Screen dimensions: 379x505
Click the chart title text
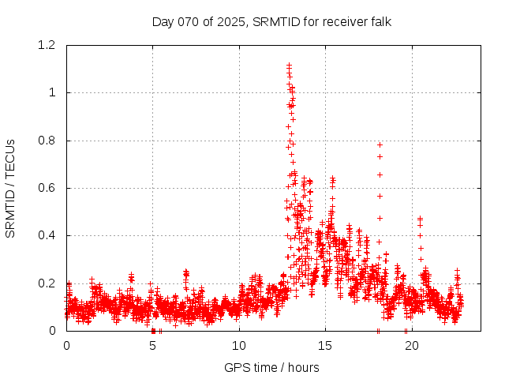tap(271, 21)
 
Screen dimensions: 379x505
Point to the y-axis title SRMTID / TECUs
tap(11, 188)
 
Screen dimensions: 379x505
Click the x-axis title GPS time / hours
tap(271, 367)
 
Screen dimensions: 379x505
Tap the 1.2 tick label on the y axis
tap(49, 45)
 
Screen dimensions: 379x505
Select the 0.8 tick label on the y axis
tap(49, 141)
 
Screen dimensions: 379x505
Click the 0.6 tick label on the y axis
tap(49, 188)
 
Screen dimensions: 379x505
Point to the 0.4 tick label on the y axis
tap(49, 235)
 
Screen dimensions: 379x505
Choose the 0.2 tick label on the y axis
tap(49, 283)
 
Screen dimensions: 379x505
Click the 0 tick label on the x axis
tap(66, 346)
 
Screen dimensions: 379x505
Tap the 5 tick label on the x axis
tap(152, 346)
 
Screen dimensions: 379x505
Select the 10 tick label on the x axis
tap(238, 346)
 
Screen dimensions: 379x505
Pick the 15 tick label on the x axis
tap(324, 346)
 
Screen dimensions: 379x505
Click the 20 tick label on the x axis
tap(410, 346)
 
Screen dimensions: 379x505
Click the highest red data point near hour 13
tap(289, 65)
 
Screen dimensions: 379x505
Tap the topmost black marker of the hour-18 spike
tap(380, 144)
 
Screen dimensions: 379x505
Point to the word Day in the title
tap(163, 21)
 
